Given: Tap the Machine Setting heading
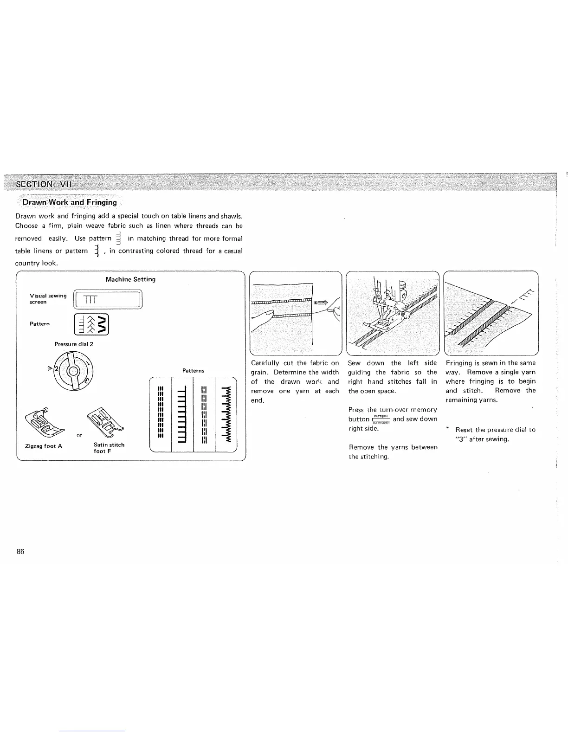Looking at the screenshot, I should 130,279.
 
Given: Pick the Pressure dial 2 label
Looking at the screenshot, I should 74,344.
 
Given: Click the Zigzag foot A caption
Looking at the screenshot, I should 44,446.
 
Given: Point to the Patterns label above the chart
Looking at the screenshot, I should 193,371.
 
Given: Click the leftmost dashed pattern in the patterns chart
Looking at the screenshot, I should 161,413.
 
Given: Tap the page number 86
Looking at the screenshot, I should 20,552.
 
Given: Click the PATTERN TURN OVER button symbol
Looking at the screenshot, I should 381,419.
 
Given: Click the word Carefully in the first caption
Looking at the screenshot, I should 265,363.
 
